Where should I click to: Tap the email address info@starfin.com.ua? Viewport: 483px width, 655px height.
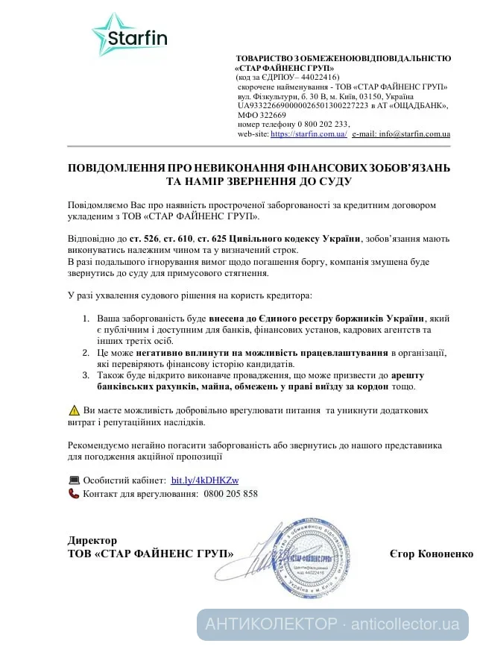(414, 134)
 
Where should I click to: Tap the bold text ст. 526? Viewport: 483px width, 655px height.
(143, 238)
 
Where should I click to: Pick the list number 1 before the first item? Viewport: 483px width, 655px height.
(86, 319)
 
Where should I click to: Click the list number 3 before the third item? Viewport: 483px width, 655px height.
(86, 376)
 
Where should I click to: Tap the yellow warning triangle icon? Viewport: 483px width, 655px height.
(74, 410)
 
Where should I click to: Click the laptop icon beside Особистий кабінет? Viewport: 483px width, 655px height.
(74, 480)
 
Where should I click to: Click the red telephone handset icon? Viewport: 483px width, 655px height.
(74, 494)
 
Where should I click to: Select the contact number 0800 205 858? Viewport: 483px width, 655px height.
(230, 494)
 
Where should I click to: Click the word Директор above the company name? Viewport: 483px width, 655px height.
(92, 540)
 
